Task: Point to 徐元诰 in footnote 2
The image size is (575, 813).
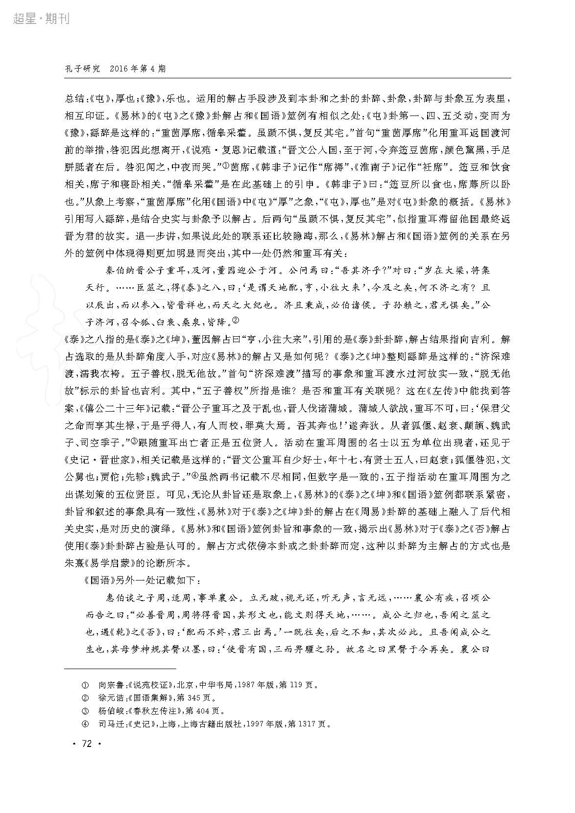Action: [111, 698]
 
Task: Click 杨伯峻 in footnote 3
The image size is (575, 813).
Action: [111, 711]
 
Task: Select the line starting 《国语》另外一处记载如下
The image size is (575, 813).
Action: [142, 581]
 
